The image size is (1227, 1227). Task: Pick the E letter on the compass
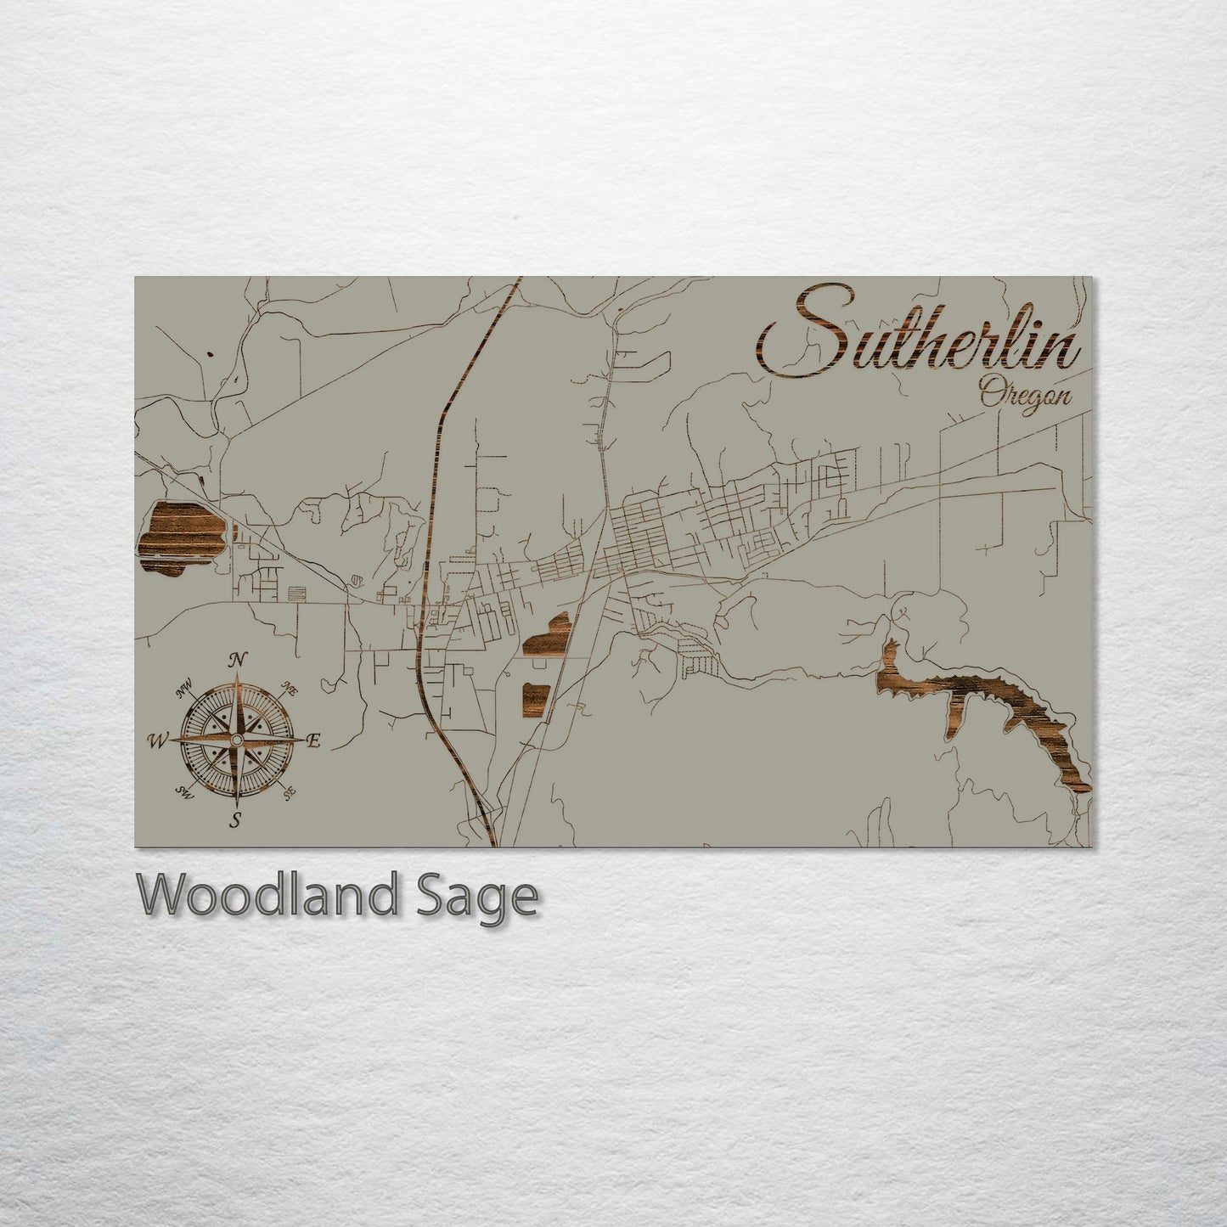[312, 741]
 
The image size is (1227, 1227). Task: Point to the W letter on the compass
[157, 741]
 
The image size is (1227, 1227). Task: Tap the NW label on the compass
[184, 689]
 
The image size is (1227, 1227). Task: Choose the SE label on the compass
[290, 792]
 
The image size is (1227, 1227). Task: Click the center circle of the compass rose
[237, 740]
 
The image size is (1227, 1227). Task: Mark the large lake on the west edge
[180, 537]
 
